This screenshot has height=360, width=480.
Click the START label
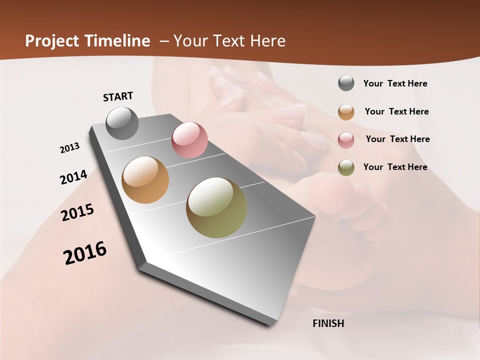pyautogui.click(x=118, y=96)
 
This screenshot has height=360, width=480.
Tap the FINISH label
pyautogui.click(x=328, y=323)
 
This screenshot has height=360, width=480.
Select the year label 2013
pyautogui.click(x=70, y=148)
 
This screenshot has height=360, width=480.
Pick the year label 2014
pyautogui.click(x=73, y=177)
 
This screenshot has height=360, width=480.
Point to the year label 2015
pyautogui.click(x=77, y=212)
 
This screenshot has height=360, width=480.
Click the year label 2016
pyautogui.click(x=85, y=253)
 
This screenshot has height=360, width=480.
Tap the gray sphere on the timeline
pyautogui.click(x=122, y=123)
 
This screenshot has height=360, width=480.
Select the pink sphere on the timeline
pyautogui.click(x=189, y=140)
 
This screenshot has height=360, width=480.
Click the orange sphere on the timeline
pyautogui.click(x=145, y=180)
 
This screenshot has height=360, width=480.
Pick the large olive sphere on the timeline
pyautogui.click(x=216, y=207)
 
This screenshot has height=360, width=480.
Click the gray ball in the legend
pyautogui.click(x=346, y=83)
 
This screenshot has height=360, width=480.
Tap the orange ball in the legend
pyautogui.click(x=346, y=112)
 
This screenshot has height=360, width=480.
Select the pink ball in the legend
pyautogui.click(x=346, y=140)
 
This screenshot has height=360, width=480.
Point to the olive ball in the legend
pyautogui.click(x=346, y=167)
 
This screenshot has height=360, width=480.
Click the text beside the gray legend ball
pyautogui.click(x=395, y=84)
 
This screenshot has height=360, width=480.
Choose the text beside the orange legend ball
pyautogui.click(x=396, y=112)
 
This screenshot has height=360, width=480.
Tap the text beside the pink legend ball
pyautogui.click(x=397, y=139)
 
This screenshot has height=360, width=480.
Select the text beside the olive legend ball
pyautogui.click(x=395, y=167)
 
